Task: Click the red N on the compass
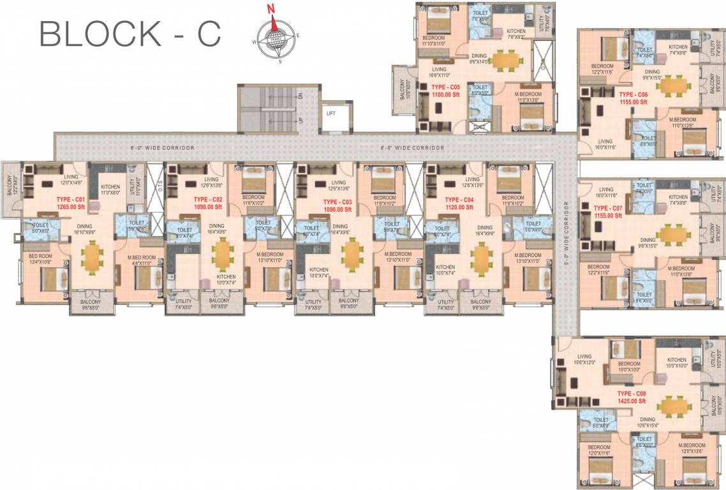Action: click(271, 9)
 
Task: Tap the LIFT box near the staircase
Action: click(331, 113)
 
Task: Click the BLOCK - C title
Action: click(130, 33)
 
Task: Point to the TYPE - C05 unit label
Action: click(445, 87)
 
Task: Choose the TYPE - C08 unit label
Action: click(632, 394)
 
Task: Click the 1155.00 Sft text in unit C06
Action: click(633, 101)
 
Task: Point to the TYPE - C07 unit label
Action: click(607, 209)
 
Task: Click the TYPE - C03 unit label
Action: click(338, 202)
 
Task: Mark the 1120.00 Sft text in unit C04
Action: click(459, 207)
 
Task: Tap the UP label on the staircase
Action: click(300, 121)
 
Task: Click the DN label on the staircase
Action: click(300, 96)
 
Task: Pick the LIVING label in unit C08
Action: click(585, 357)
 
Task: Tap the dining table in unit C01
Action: click(94, 256)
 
